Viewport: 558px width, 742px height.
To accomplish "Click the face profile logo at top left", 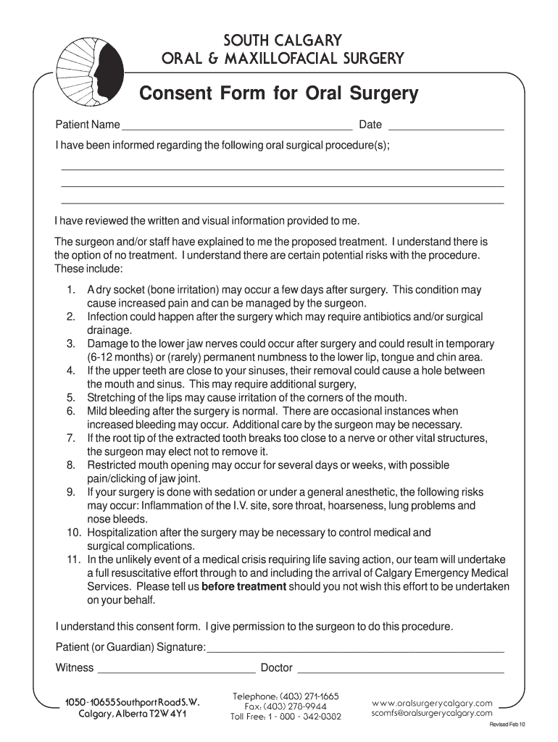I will (x=86, y=64).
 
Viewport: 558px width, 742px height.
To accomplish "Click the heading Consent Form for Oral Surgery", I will (x=279, y=94).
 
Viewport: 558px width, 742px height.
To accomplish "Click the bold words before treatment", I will (x=244, y=587).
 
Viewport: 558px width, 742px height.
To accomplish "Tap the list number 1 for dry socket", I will (x=70, y=290).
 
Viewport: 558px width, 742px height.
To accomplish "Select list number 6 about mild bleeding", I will (x=70, y=412).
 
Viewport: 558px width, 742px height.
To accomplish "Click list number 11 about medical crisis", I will (x=72, y=560).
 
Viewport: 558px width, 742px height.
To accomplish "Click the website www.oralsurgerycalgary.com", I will (x=432, y=703).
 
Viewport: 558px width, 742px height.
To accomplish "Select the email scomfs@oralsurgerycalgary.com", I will (x=432, y=713).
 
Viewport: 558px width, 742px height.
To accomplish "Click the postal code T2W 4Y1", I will (x=168, y=714).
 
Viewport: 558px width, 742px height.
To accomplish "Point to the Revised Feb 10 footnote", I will (x=507, y=725).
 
